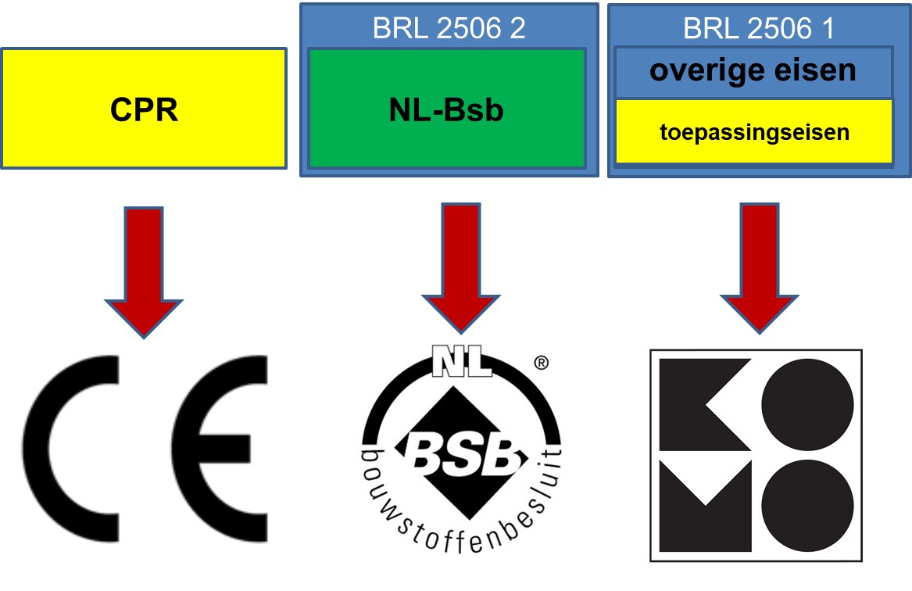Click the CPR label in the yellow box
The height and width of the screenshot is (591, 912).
point(144,109)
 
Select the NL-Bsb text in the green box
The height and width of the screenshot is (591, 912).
point(446,110)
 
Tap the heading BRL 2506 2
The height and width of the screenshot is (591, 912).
point(449,28)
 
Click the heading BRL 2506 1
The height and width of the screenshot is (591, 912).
point(759,28)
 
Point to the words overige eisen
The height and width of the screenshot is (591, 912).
point(753,71)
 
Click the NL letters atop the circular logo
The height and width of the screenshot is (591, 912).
point(462,364)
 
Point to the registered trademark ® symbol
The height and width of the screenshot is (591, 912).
point(539,363)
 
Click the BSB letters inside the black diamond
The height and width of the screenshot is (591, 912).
point(461,451)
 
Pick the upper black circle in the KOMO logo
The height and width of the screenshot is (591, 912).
point(807,405)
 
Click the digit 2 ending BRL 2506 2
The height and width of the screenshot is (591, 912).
point(517,28)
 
